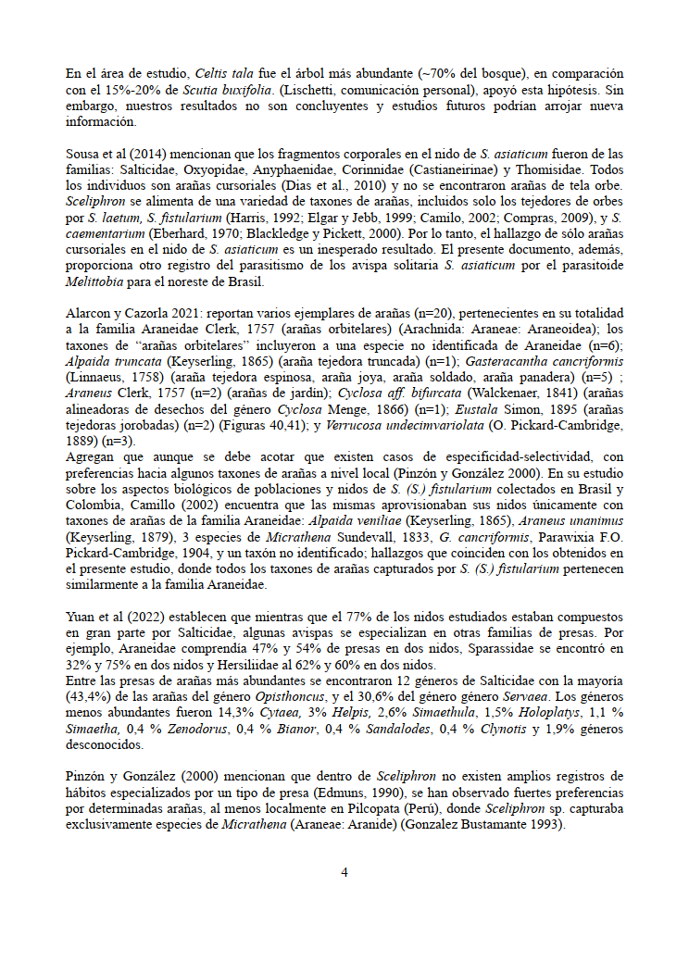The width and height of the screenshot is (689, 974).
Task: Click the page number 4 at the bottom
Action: pyautogui.click(x=344, y=872)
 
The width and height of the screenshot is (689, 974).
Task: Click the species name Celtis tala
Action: pyautogui.click(x=218, y=73)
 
